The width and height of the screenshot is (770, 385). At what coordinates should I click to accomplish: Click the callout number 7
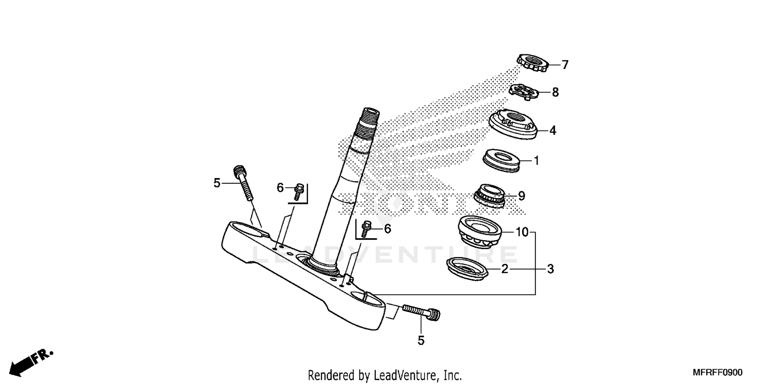click(565, 65)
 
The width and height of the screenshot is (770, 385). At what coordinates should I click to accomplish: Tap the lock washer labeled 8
click(525, 92)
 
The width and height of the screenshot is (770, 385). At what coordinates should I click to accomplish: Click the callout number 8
click(555, 92)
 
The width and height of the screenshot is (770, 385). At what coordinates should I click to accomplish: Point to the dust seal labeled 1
click(502, 160)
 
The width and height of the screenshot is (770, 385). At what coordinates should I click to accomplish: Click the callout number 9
click(522, 196)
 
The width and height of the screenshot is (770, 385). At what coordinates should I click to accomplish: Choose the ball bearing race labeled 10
click(480, 230)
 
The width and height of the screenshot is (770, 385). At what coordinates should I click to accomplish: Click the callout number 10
click(522, 233)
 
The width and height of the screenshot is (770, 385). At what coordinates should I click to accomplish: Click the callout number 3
click(550, 269)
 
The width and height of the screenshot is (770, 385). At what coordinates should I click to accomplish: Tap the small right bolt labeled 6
click(365, 228)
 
